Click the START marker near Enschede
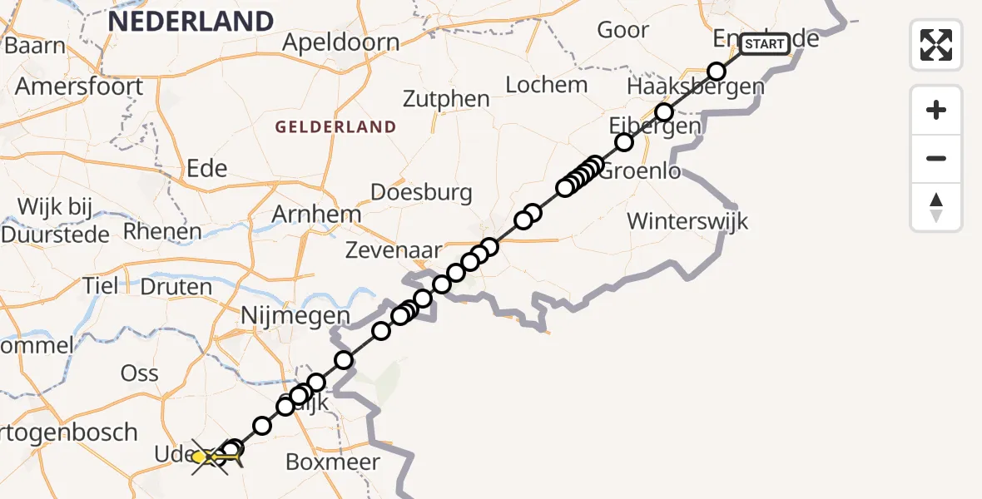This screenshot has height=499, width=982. pyautogui.click(x=763, y=44)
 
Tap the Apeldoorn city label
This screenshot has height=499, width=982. pyautogui.click(x=340, y=42)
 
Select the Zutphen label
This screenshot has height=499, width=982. pyautogui.click(x=446, y=99)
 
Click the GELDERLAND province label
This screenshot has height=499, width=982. pyautogui.click(x=335, y=127)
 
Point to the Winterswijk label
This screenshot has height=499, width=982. pyautogui.click(x=688, y=222)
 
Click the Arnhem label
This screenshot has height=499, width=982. pyautogui.click(x=316, y=215)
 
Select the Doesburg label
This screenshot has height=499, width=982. pyautogui.click(x=421, y=193)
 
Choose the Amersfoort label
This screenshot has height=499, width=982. pyautogui.click(x=79, y=86)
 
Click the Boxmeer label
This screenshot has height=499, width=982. pyautogui.click(x=333, y=462)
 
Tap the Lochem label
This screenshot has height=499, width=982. pyautogui.click(x=547, y=85)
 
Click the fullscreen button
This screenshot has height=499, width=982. pyautogui.click(x=936, y=45)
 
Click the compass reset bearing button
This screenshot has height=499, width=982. pyautogui.click(x=936, y=207)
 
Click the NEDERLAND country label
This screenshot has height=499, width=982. pyautogui.click(x=191, y=22)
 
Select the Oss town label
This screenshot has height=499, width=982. pyautogui.click(x=140, y=373)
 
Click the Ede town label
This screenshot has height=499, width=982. pyautogui.click(x=207, y=169)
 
